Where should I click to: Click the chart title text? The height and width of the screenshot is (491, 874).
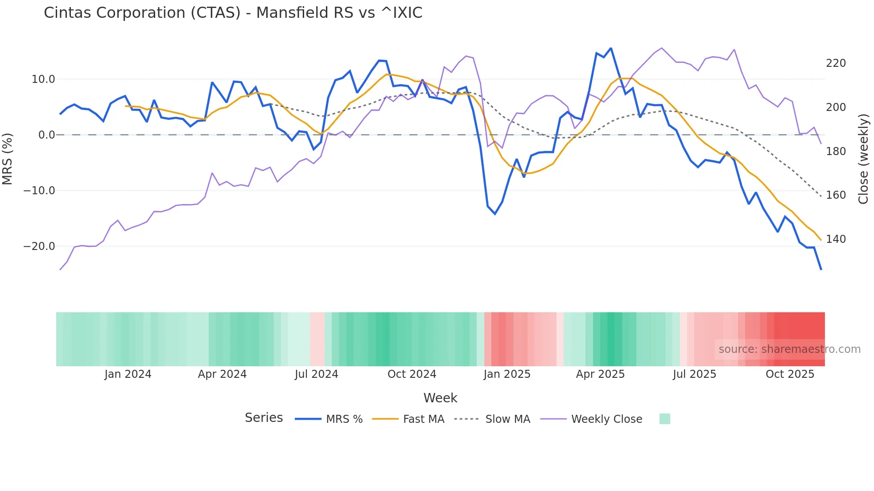point(233,13)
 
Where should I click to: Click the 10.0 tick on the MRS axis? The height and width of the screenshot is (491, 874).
point(43,79)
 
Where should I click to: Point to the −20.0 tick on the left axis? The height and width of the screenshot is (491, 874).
point(39,246)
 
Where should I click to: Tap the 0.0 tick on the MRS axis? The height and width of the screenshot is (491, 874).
point(46,135)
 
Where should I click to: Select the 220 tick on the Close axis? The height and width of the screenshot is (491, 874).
point(836,63)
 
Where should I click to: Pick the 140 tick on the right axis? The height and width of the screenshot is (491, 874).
point(836,239)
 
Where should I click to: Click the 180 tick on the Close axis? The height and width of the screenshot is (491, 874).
point(836,151)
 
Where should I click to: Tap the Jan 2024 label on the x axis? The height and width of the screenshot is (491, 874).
point(128,374)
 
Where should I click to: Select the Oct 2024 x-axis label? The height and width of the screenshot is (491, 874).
point(412,374)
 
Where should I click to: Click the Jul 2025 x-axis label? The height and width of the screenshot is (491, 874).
point(694,374)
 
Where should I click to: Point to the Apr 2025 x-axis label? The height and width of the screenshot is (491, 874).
point(600,374)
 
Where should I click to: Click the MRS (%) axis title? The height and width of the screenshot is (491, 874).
point(7,159)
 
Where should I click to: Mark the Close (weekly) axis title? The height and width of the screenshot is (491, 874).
point(863,159)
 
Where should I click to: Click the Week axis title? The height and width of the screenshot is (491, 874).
point(440,398)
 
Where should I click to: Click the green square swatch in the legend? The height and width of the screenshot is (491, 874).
point(664,419)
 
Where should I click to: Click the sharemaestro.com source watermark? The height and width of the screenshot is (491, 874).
point(789,349)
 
